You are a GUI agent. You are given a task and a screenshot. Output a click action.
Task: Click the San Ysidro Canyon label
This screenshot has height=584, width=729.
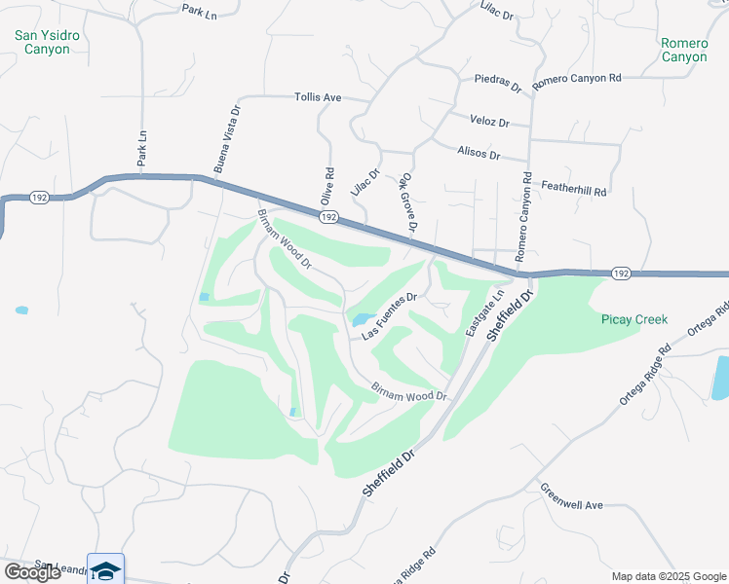click(43, 42)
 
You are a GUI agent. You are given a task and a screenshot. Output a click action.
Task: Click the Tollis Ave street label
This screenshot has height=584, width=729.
click(318, 97)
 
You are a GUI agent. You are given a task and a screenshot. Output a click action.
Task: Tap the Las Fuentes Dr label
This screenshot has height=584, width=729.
click(390, 316)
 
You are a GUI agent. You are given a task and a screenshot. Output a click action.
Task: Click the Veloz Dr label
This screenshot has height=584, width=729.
click(490, 123)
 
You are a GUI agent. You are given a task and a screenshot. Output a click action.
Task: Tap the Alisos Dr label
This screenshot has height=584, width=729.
click(479, 154)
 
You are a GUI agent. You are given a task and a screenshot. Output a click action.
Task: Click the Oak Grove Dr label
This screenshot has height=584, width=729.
click(407, 204)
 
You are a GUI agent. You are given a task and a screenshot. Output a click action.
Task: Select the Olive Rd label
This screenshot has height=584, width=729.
click(327, 185)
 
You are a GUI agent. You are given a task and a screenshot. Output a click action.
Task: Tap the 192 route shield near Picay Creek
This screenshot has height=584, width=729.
click(621, 274)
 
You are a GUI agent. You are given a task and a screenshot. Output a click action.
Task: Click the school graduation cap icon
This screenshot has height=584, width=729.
click(105, 569)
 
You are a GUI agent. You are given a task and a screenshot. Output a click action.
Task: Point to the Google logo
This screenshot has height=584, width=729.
click(32, 572)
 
